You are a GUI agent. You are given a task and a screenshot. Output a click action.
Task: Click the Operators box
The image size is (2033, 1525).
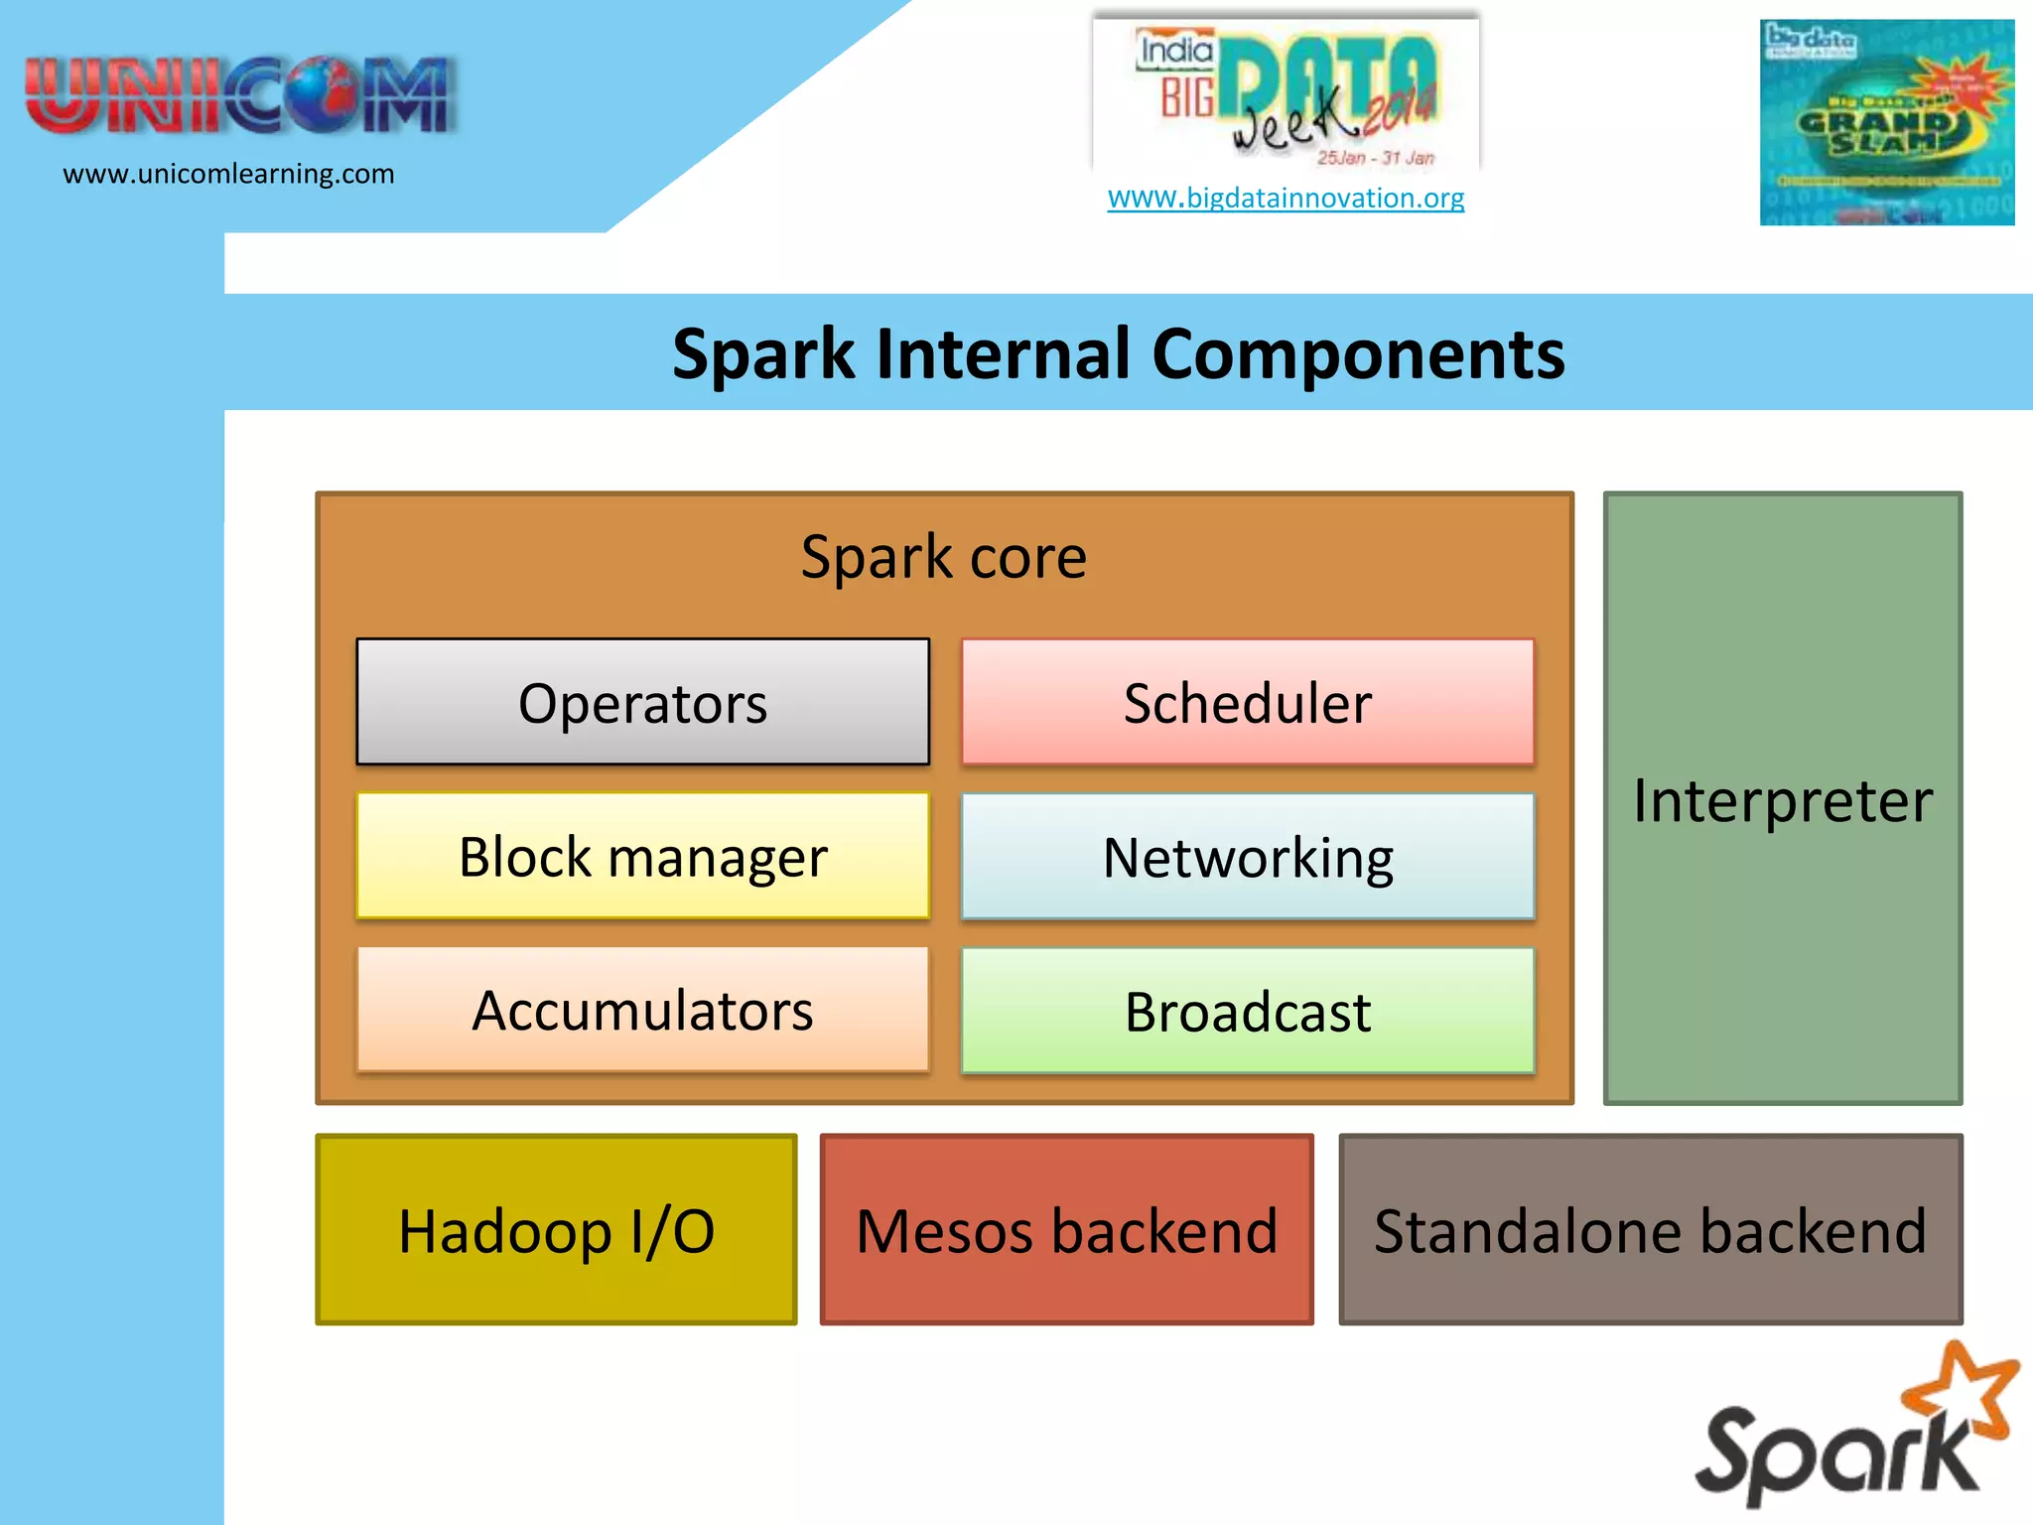(x=642, y=702)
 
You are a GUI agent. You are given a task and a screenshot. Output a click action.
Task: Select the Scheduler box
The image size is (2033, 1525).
(x=1248, y=702)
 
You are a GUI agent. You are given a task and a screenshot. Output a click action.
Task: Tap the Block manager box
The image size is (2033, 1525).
(x=642, y=856)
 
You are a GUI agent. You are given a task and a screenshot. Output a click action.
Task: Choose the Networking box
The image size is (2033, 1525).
(x=1248, y=856)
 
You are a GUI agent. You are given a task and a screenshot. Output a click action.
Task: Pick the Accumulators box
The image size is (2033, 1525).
(x=642, y=1010)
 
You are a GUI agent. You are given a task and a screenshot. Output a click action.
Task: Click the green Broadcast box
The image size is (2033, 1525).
(x=1248, y=1011)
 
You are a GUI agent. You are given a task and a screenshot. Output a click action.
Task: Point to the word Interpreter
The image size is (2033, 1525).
(x=1783, y=800)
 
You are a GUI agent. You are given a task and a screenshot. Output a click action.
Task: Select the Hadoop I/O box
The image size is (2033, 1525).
(x=556, y=1230)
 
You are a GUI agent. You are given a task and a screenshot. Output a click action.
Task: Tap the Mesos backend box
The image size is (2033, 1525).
(x=1066, y=1230)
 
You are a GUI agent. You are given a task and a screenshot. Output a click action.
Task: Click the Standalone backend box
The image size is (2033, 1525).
(x=1650, y=1230)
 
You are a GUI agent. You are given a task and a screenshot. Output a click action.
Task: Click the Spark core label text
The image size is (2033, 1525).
(x=943, y=556)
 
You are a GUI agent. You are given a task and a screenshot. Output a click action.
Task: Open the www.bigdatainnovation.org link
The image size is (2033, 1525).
(x=1286, y=198)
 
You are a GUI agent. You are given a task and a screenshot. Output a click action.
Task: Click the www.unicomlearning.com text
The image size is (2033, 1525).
(x=228, y=174)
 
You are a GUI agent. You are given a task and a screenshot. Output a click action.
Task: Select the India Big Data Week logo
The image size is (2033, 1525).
(x=1287, y=94)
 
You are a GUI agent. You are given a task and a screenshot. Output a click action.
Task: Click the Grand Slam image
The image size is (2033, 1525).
(x=1886, y=122)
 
